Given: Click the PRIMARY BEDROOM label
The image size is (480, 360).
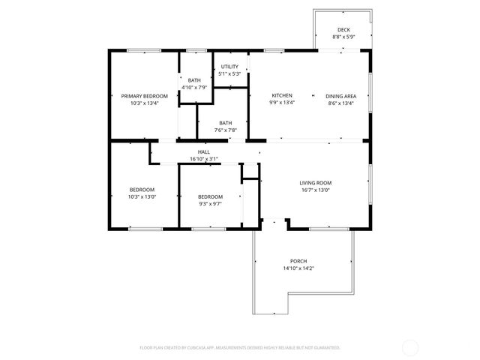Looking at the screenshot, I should coord(144,96).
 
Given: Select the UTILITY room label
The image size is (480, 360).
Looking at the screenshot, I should coord(229,67).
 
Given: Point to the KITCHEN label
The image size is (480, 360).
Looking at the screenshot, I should coord(282,96).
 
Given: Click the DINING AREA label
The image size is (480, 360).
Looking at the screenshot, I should coord(341,96).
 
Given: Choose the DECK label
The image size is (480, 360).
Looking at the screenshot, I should coord(343,29).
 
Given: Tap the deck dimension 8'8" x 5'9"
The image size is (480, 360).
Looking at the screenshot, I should coord(343,36).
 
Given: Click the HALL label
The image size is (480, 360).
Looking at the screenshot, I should coord(204,151).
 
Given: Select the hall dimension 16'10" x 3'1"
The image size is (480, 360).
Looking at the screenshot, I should coord(204,158).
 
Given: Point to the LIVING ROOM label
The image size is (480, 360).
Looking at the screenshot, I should coord(316,183).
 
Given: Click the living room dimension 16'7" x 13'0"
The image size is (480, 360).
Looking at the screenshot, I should coord(316,190).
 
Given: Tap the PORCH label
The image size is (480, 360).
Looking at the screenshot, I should coord(299,261).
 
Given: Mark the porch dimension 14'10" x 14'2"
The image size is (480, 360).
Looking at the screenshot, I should coord(299,268).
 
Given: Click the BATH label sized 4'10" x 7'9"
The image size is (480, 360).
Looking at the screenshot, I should coord(194,80).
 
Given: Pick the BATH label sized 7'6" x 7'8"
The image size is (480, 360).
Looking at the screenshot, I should coord(226,123).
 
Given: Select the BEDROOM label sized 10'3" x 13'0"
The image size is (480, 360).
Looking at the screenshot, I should coord(142,190).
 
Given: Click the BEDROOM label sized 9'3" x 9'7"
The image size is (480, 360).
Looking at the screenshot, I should coord(210,196).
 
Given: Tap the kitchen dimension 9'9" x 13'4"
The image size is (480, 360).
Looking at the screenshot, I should coord(282,103).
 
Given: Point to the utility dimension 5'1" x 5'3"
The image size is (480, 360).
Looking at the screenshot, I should coord(229,73).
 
